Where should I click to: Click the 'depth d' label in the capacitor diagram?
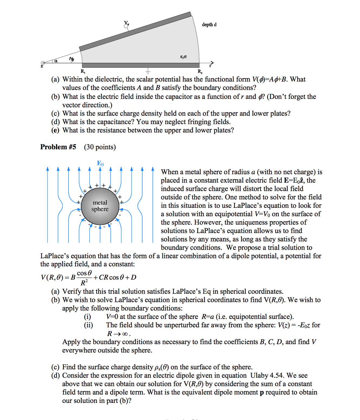coord(209,25)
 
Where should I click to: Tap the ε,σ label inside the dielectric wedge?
coord(183,57)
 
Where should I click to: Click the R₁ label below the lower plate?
coord(83,72)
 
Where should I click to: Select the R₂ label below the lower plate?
coord(200,72)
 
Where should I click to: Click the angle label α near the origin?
coord(56,61)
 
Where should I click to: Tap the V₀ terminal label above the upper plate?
coord(126,23)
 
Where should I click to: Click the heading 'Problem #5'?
coord(58,147)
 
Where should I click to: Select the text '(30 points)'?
coord(100,147)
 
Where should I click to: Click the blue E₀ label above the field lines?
coord(100,163)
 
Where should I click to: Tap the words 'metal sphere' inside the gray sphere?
coord(100,206)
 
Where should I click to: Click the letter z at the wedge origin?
coord(42,66)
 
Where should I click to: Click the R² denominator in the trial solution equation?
coord(84,283)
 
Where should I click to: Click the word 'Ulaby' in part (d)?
coord(259,376)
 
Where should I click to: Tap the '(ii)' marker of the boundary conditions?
coord(88,325)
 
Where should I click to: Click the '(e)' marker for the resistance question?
coord(55,130)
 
